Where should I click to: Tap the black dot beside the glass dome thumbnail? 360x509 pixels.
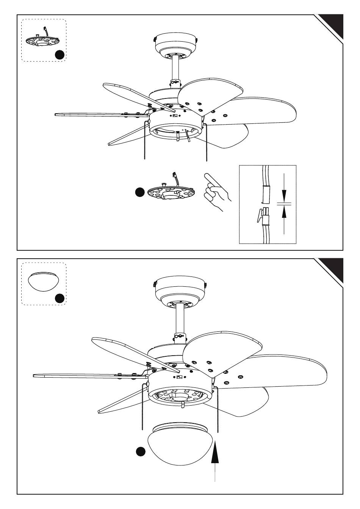59,298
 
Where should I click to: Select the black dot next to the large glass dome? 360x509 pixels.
141,451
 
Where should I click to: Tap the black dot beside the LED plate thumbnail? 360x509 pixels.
59,55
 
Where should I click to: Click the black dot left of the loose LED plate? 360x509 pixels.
140,192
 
